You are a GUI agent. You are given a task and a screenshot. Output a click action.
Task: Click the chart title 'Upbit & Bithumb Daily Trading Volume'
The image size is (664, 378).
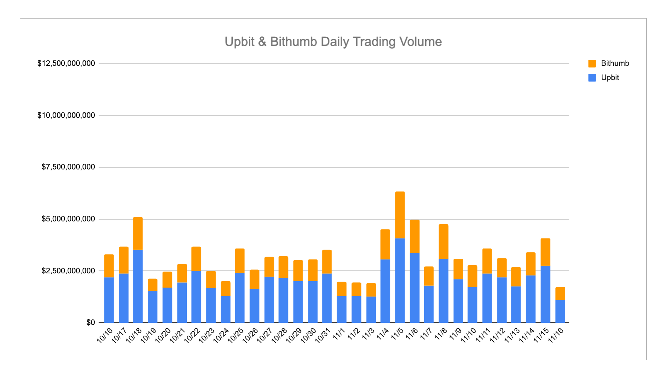pos(333,42)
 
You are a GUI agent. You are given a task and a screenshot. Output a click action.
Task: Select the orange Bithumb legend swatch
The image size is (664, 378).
pos(592,64)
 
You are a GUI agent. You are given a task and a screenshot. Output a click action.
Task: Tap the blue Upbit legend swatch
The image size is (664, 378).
pos(592,78)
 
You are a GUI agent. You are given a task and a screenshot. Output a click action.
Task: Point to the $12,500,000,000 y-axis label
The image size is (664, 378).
pos(66,63)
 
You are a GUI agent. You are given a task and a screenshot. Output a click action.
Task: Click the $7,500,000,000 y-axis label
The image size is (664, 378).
pos(68,167)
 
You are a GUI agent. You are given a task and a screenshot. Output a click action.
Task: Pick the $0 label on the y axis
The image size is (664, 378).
pos(91,322)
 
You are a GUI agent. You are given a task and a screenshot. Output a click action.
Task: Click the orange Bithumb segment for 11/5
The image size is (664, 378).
pos(400,215)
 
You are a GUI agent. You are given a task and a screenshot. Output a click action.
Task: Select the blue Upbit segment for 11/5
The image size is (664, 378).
pos(400,280)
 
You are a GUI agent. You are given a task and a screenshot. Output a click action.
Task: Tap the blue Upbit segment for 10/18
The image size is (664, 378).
pos(138,286)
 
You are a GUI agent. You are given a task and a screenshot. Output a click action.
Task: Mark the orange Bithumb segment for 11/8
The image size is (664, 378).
pos(443,242)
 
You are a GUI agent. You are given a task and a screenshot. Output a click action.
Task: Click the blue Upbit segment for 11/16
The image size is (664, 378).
pos(560,311)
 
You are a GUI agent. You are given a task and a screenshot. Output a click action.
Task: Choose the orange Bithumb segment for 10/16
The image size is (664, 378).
pos(109,266)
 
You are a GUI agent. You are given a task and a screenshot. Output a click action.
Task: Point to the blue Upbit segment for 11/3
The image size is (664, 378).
pos(371,310)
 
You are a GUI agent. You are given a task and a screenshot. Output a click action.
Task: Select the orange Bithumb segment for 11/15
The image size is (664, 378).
pos(546,252)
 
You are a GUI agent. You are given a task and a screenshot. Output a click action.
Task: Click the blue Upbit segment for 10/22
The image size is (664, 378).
pos(196,297)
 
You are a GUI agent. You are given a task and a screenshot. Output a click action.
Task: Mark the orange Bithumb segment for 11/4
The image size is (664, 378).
pos(385,245)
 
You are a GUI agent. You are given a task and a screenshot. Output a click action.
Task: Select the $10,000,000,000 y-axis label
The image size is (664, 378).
pos(66,115)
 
